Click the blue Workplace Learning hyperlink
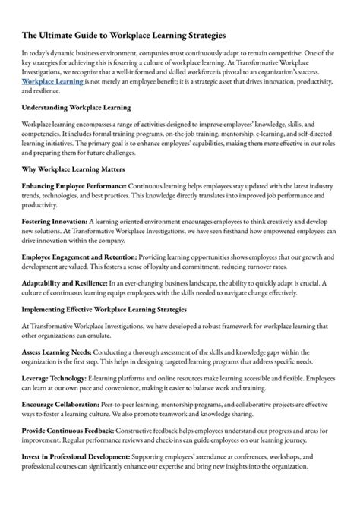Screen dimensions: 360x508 pyautogui.click(x=52, y=80)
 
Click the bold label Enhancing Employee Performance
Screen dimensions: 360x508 pyautogui.click(x=74, y=185)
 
